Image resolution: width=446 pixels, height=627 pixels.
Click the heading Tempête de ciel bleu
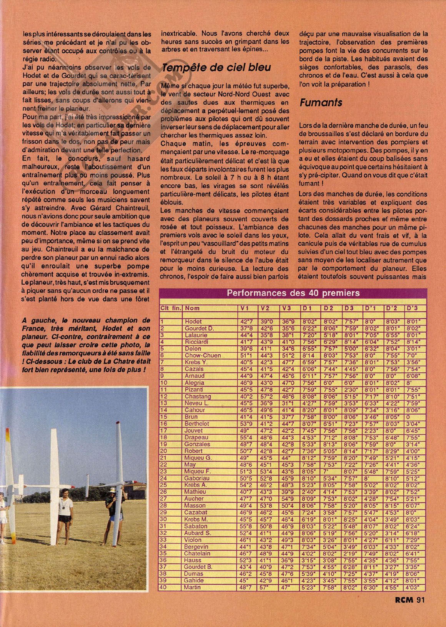[x=216, y=68]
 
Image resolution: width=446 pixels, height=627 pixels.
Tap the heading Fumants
[x=321, y=103]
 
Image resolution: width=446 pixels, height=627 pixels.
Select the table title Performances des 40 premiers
[x=293, y=293]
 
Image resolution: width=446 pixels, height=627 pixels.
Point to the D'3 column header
[x=413, y=308]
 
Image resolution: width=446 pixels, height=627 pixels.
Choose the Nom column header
[x=192, y=308]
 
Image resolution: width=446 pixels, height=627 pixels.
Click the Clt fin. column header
[x=170, y=308]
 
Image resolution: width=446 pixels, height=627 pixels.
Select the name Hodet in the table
[x=193, y=321]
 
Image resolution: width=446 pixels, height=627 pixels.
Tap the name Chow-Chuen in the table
[x=203, y=355]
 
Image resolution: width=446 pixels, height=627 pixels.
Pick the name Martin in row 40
[x=192, y=587]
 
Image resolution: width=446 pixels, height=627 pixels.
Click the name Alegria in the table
[x=194, y=383]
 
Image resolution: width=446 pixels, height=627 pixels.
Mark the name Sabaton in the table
[x=196, y=526]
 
